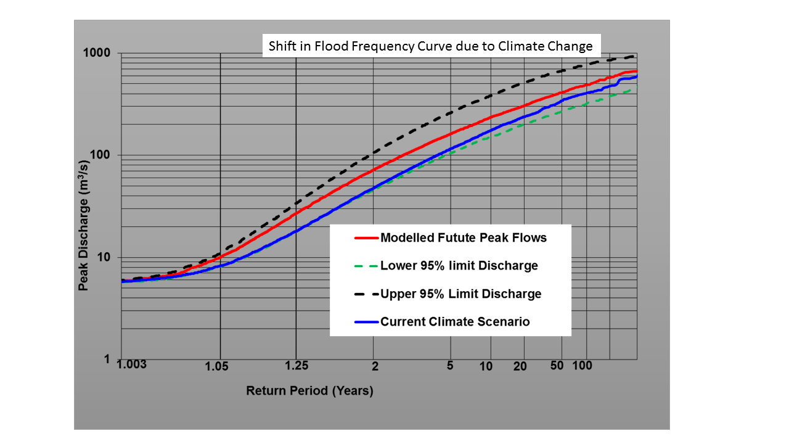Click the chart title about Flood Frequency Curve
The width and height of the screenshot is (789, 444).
pyautogui.click(x=430, y=46)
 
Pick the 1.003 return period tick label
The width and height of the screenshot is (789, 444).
pyautogui.click(x=133, y=366)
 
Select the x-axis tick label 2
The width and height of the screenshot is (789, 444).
pyautogui.click(x=374, y=366)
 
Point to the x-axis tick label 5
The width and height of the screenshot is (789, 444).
pyautogui.click(x=450, y=366)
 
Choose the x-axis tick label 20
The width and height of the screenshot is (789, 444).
pyautogui.click(x=520, y=366)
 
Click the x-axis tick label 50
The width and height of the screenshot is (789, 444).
pyautogui.click(x=557, y=366)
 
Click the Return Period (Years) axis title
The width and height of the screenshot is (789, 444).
pyautogui.click(x=309, y=390)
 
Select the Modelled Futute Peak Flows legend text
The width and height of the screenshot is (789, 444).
pyautogui.click(x=464, y=237)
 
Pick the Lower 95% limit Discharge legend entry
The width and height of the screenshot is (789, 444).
pyautogui.click(x=459, y=266)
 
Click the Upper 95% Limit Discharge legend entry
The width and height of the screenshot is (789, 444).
pyautogui.click(x=461, y=294)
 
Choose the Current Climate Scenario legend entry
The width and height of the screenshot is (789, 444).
pyautogui.click(x=455, y=321)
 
